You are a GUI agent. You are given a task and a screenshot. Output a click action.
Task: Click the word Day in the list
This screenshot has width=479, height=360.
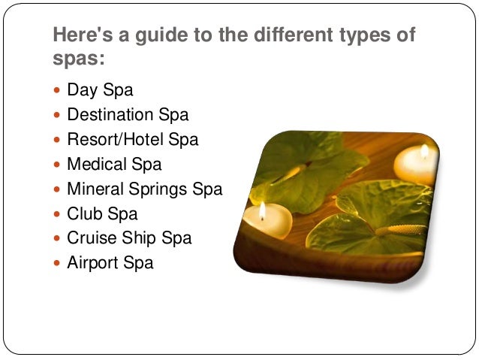point(82,91)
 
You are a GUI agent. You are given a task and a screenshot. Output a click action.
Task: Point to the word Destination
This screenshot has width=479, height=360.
point(110,116)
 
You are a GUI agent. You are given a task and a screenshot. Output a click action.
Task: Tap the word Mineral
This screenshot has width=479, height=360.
point(95,189)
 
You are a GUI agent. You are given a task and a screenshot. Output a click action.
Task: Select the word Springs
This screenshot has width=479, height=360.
point(158,189)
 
